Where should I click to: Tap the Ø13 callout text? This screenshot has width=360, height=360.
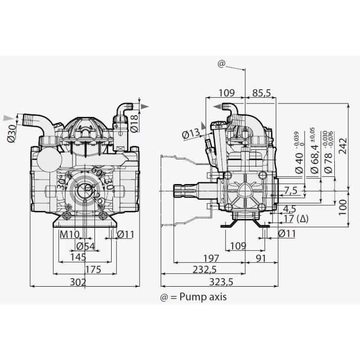(191, 134)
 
